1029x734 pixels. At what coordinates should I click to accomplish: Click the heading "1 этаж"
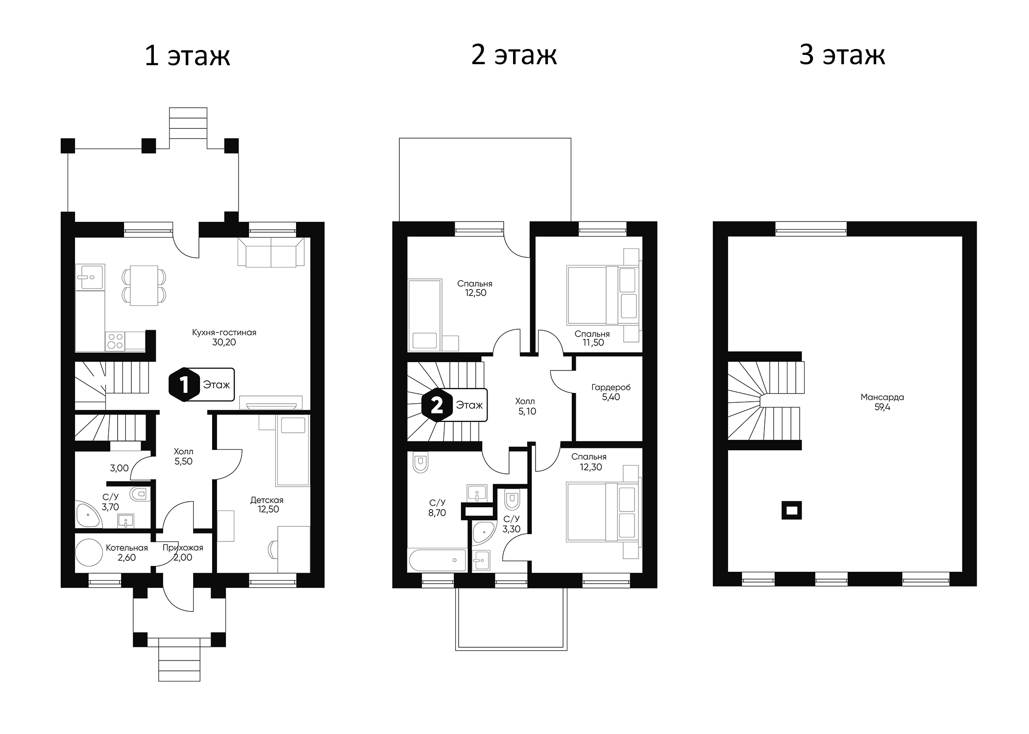point(187,55)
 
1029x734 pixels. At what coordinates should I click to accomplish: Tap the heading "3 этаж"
point(842,54)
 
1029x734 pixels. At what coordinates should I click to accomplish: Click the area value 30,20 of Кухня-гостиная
point(224,343)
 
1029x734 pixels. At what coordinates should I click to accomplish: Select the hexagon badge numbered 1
point(184,385)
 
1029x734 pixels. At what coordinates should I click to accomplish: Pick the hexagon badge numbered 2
point(437,405)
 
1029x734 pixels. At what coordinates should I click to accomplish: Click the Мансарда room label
point(882,397)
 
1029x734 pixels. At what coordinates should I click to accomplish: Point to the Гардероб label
point(611,387)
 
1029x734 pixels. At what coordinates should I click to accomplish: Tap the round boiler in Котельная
point(89,553)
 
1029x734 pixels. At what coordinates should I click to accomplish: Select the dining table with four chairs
point(144,286)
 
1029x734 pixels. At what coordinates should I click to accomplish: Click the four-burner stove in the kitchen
point(115,341)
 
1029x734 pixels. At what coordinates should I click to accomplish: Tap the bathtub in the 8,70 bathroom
point(437,560)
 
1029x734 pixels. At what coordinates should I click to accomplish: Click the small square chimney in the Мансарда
point(791,511)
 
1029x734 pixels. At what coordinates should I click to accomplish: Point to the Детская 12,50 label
point(267,505)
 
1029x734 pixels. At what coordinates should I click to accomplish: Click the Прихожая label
point(183,548)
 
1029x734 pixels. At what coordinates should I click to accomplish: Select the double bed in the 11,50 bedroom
point(602,295)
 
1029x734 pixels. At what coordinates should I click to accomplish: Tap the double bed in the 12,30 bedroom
point(602,512)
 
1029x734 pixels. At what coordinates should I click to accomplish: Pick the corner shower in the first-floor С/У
point(88,514)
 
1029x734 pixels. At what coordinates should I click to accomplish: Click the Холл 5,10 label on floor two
point(526,406)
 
